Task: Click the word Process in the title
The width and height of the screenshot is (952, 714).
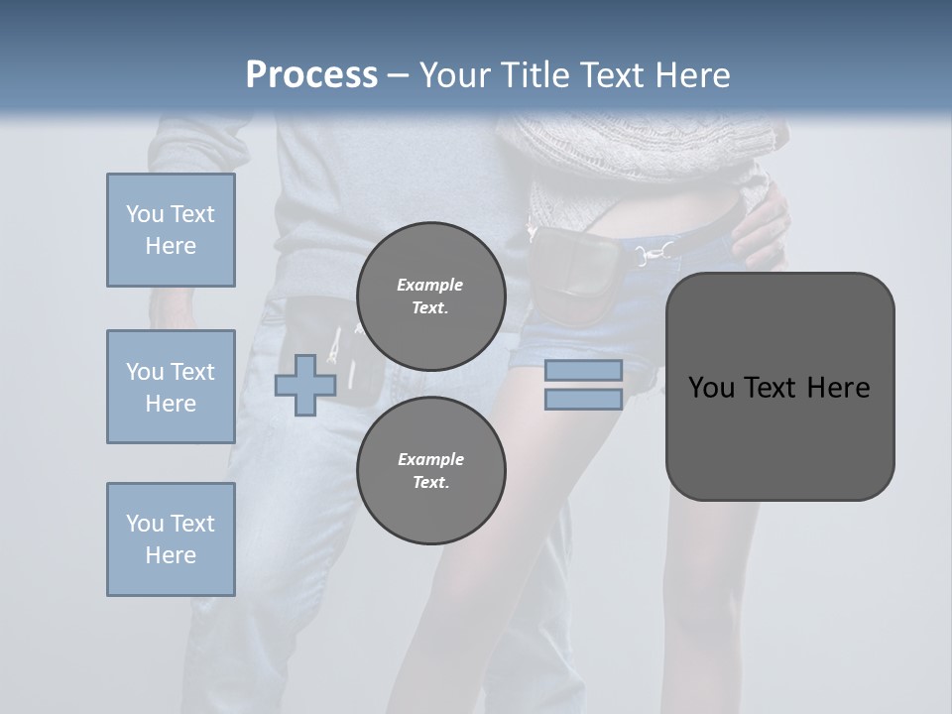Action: coord(311,74)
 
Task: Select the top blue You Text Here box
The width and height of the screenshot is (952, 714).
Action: coord(171,230)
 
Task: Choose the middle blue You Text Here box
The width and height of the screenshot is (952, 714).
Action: coord(171,387)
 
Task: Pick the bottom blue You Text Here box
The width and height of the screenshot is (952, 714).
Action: coord(171,539)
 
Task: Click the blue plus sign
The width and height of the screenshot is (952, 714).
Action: coord(305,385)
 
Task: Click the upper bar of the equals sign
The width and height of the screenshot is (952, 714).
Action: coord(583,370)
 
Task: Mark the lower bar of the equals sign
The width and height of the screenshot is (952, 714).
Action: coord(583,400)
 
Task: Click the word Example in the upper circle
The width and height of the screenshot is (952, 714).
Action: coord(430,285)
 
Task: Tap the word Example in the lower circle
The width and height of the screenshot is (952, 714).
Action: coord(430,459)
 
